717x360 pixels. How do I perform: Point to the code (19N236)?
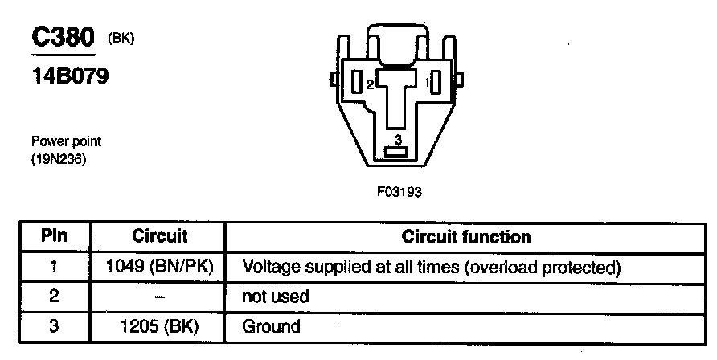coord(59,159)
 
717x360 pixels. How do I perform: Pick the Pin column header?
coord(55,237)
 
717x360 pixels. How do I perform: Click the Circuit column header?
coord(159,237)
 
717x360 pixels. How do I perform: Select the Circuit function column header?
coord(466,237)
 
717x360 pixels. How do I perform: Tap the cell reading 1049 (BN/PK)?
coord(159,266)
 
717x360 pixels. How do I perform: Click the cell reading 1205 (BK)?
coord(159,326)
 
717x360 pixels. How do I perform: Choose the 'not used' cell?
coord(276,297)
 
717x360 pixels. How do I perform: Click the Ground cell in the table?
coord(271,326)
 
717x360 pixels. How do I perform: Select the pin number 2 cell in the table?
coord(55,297)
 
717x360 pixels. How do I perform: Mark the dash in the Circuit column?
coord(159,297)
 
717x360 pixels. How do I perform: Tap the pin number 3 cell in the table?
coord(55,326)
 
